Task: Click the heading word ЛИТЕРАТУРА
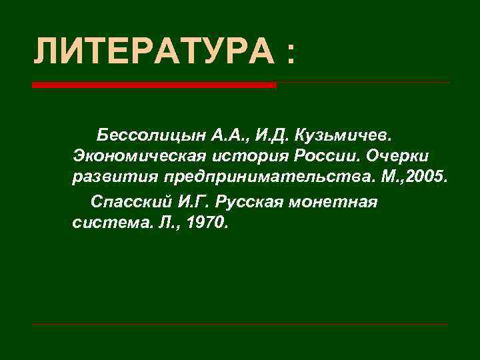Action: pyautogui.click(x=154, y=51)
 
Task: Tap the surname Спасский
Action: pyautogui.click(x=131, y=201)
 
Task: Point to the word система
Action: pyautogui.click(x=104, y=222)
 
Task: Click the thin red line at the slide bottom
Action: pyautogui.click(x=240, y=325)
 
